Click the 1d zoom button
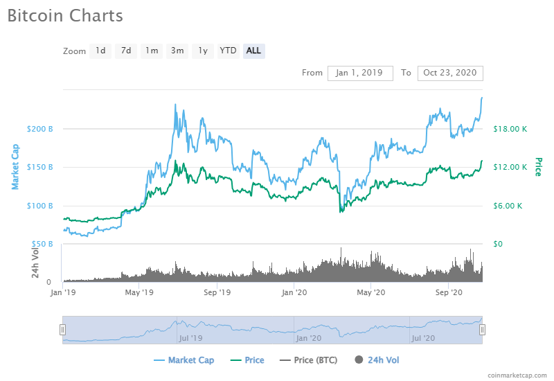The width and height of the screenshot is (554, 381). coord(100,51)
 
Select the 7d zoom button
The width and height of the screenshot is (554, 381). coord(126,51)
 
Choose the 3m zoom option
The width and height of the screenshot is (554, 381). coord(177,51)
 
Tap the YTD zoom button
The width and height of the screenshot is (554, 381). coord(228,51)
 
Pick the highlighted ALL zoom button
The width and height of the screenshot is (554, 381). coord(253,51)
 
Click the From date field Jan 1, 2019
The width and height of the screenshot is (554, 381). coord(360,73)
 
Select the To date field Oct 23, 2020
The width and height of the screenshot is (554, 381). coord(450,73)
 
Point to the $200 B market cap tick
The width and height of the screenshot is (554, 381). coord(39,129)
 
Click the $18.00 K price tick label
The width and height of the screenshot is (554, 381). coord(510,129)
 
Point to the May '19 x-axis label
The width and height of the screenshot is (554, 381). coord(139,293)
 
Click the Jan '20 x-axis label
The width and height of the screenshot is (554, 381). coord(294,293)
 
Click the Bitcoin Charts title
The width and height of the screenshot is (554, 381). coord(65,15)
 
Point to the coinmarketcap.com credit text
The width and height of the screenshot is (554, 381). coord(517,375)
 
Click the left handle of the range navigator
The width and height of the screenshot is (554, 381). coord(62,330)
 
